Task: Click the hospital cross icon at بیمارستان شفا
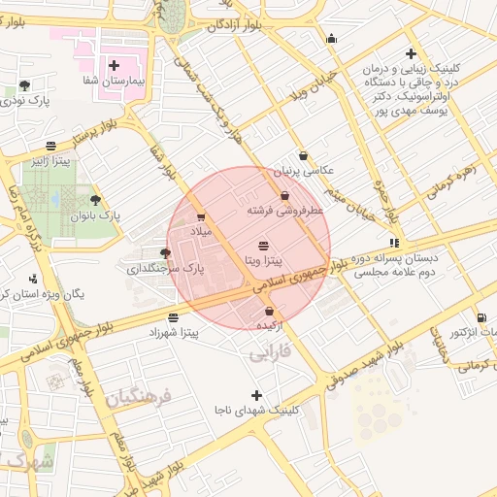115,65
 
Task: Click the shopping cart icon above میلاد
200,217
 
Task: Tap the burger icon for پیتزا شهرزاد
173,317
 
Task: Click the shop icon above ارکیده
269,312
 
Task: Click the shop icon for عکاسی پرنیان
303,155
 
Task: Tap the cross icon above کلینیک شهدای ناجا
256,395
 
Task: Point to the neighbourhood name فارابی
270,354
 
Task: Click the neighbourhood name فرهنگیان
138,398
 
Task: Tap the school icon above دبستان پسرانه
393,243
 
